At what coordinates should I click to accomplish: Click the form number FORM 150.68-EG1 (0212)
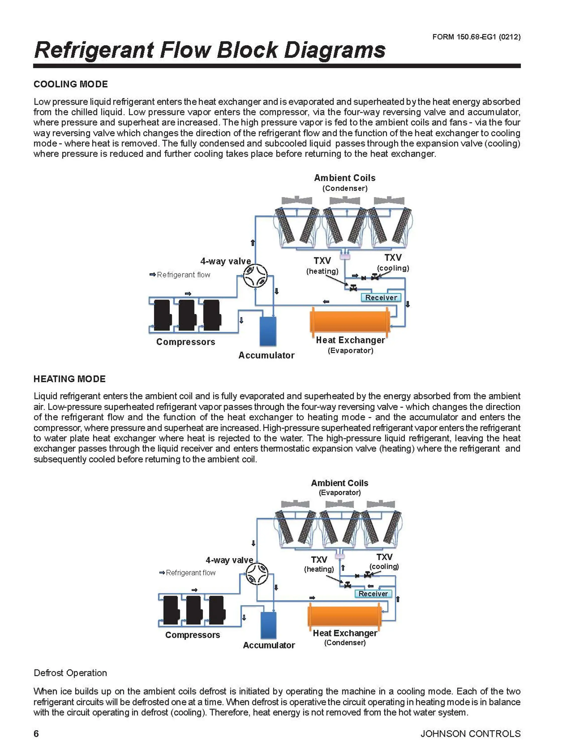476,37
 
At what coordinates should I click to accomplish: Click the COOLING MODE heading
71,84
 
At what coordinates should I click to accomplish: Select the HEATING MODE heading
70,379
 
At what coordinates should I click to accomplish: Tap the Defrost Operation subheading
70,673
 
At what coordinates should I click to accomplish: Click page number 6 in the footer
36,733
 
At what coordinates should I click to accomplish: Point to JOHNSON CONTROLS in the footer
470,733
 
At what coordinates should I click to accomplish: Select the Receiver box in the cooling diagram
381,298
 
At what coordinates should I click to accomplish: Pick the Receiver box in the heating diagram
373,593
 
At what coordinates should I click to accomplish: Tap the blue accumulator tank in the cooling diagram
268,331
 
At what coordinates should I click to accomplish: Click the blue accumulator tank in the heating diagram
269,625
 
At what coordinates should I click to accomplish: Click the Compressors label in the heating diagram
192,635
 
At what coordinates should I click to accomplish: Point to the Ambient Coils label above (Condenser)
344,178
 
